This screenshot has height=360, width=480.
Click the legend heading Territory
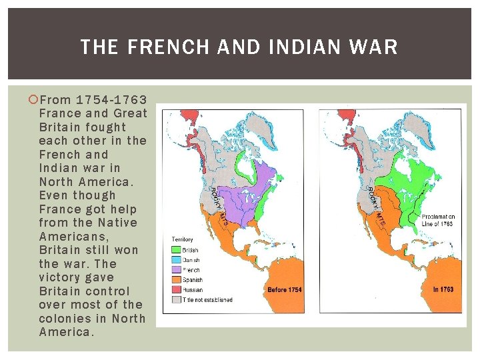point(183,239)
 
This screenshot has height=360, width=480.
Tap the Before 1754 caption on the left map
point(285,290)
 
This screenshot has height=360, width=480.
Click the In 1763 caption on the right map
point(443,290)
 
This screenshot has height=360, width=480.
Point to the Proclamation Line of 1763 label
point(438,219)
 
